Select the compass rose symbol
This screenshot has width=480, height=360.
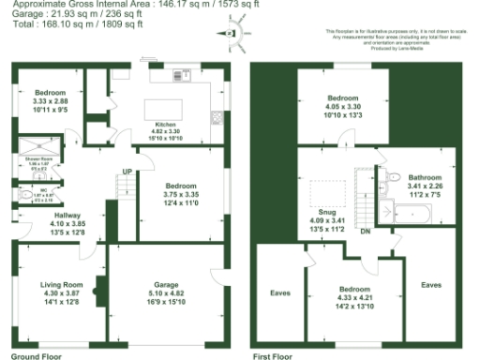(232, 32)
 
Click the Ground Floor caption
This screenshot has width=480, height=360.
(37, 357)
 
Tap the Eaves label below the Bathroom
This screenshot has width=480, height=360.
(432, 284)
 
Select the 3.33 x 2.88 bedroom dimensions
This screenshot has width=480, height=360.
(50, 101)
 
